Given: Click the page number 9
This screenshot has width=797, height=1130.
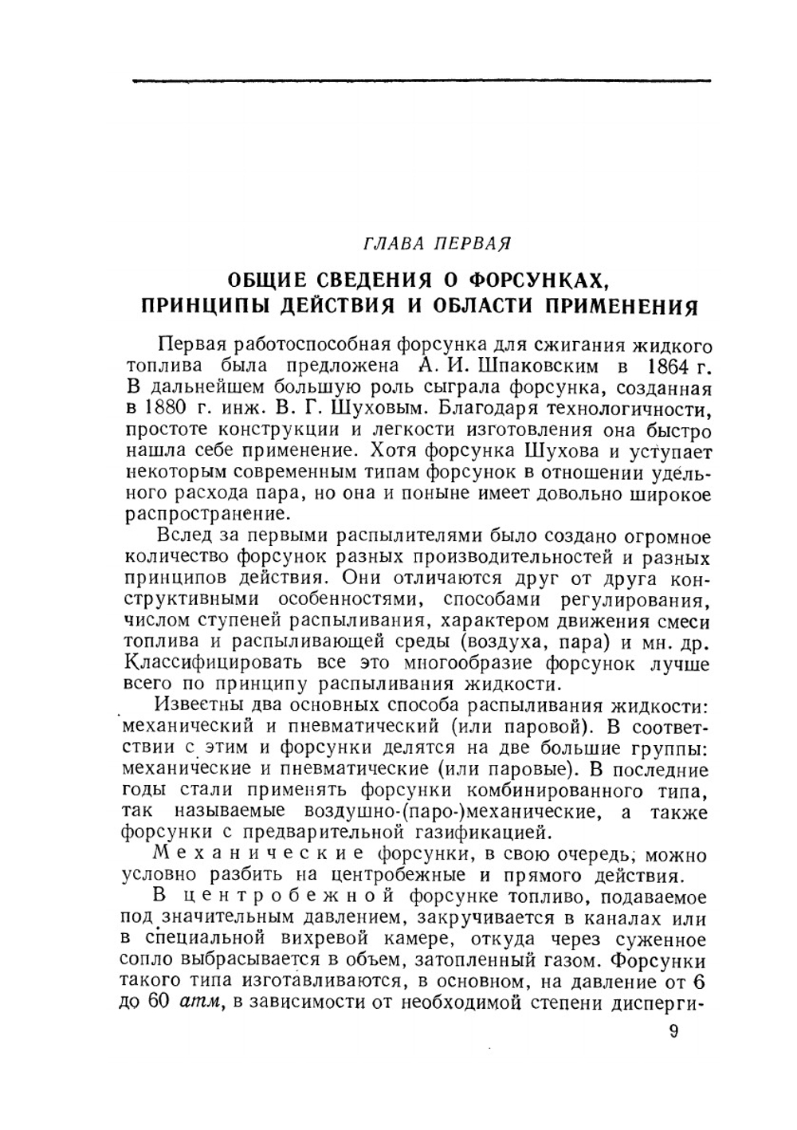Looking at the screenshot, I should tap(673, 1031).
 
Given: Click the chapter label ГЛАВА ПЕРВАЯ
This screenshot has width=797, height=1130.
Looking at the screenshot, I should tap(436, 241).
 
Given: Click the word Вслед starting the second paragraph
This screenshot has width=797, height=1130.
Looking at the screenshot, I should tap(185, 534).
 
